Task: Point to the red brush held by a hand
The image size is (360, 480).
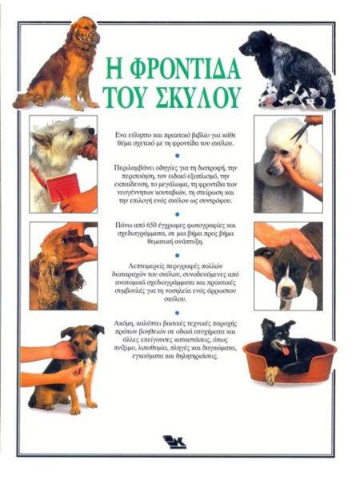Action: (x=65, y=187)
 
